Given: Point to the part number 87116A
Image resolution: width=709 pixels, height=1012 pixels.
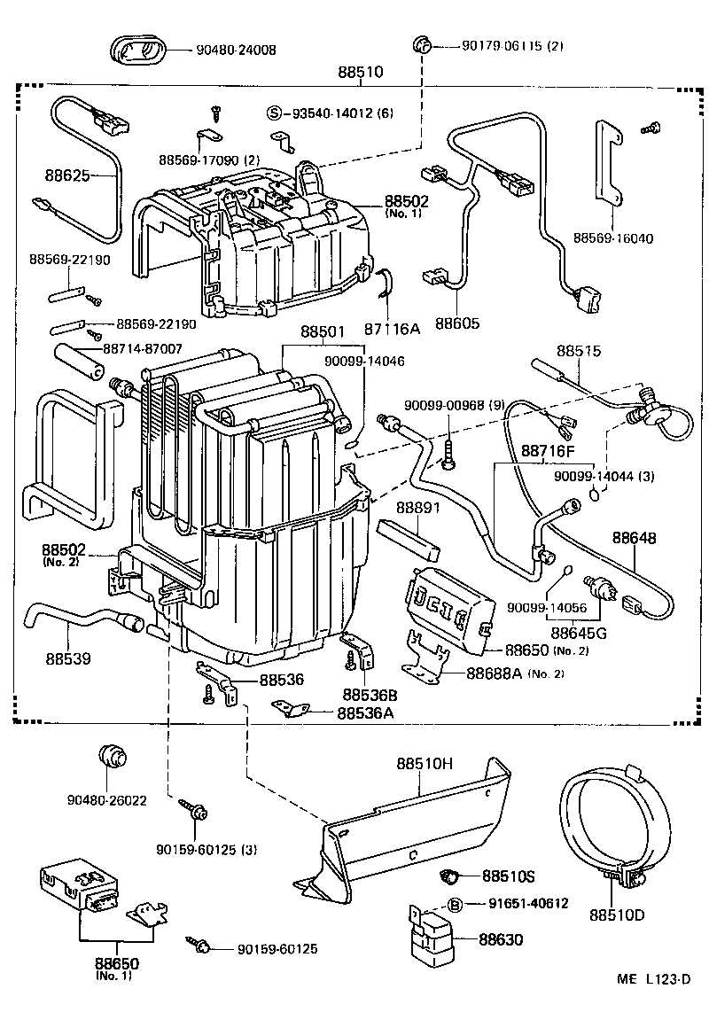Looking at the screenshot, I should click(x=391, y=328).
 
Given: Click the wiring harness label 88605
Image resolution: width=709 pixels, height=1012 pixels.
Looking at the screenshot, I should click(x=457, y=323).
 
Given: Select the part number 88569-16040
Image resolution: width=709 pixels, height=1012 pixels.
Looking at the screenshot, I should click(x=613, y=237).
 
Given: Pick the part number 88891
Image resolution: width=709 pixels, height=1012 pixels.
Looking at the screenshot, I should click(x=417, y=508).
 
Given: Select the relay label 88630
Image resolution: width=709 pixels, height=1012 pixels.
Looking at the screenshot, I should click(x=501, y=939).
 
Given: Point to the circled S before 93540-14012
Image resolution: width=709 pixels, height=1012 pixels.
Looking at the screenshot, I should click(x=275, y=113).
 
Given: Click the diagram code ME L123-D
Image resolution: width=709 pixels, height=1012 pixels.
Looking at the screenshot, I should click(x=653, y=979).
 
